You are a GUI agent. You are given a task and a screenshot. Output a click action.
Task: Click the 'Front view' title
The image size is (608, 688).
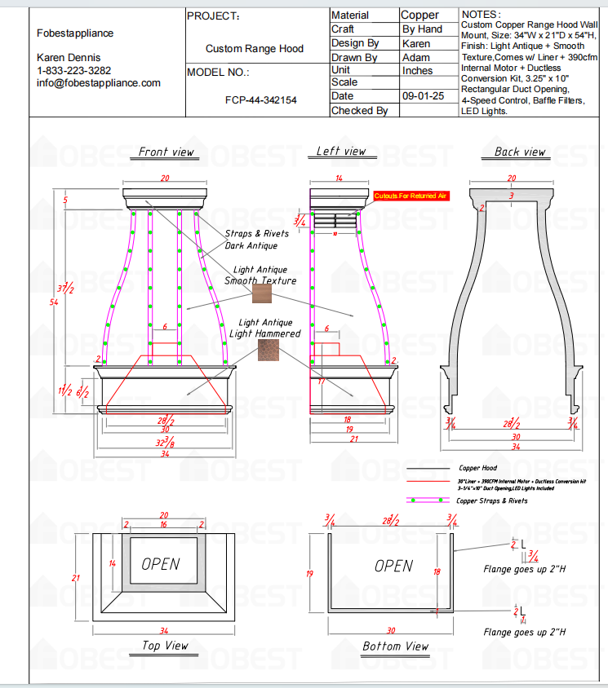[x=166, y=152]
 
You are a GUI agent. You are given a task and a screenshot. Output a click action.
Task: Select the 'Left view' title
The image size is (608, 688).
[x=341, y=151]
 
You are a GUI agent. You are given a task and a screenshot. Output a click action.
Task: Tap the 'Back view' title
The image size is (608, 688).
[x=519, y=152]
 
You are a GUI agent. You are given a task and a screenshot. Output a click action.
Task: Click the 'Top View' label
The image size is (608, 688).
[x=165, y=646]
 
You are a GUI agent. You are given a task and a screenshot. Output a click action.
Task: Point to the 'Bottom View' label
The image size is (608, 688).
[x=395, y=646]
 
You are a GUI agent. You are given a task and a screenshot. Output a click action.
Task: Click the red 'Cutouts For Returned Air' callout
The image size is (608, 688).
[x=411, y=196]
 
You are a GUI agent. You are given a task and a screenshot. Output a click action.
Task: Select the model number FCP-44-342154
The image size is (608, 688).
[x=260, y=100]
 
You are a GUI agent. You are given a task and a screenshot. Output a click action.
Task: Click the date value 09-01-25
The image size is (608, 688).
[x=423, y=95]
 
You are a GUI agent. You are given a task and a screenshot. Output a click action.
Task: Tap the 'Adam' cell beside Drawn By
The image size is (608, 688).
[x=416, y=57]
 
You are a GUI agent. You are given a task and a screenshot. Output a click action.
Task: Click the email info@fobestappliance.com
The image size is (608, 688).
[x=99, y=83]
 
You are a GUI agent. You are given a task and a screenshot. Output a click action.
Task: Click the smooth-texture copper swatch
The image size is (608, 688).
[x=261, y=293]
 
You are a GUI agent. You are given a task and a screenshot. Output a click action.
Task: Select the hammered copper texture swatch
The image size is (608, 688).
[x=267, y=351]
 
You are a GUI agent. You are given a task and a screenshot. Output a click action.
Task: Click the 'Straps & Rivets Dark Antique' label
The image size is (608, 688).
[x=256, y=239]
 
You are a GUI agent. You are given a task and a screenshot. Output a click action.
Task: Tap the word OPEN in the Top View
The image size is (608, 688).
[x=160, y=563]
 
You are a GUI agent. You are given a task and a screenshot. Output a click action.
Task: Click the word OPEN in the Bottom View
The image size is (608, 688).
[x=393, y=565]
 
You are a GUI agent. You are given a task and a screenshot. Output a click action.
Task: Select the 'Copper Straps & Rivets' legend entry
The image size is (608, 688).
[x=491, y=501]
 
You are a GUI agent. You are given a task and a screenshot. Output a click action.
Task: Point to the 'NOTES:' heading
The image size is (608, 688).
[x=482, y=15]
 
